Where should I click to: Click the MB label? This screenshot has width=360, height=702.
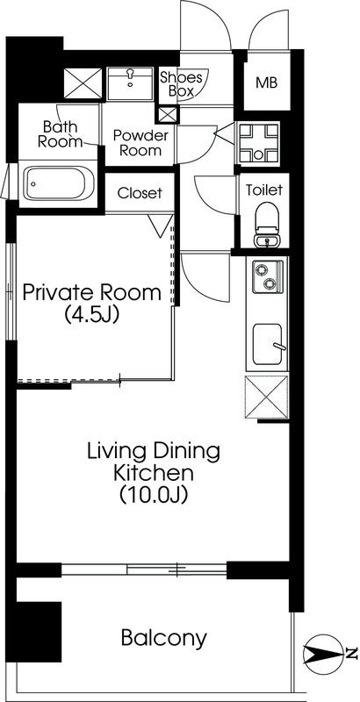click(266, 82)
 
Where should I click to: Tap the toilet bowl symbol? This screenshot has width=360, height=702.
click(266, 225)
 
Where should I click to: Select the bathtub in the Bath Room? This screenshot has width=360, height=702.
click(59, 183)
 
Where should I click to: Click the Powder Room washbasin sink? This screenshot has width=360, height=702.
click(131, 83)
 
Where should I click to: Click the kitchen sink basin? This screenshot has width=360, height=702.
click(268, 344)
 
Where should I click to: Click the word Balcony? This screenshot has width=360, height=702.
click(164, 638)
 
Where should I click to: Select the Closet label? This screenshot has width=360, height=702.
click(140, 193)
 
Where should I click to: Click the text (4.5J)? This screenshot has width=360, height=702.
click(92, 314)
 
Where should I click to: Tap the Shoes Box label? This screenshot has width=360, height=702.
click(182, 84)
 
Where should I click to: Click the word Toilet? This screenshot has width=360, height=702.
click(264, 190)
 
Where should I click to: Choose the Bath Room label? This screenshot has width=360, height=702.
click(61, 134)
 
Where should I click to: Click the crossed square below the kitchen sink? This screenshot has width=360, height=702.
click(266, 398)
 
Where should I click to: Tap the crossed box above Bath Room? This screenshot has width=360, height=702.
click(83, 83)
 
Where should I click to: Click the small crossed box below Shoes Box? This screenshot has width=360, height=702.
click(168, 115)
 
